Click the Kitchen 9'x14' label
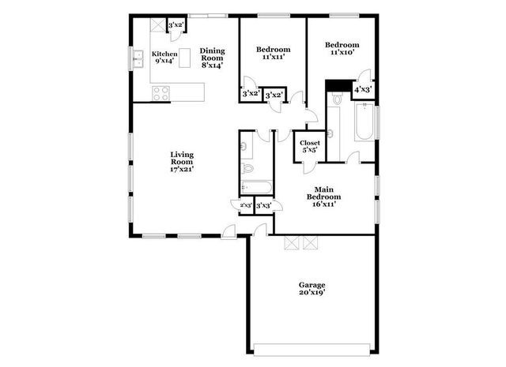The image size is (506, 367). click(164, 58)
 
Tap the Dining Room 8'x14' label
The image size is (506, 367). click(212, 58)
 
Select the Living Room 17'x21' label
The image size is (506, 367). click(182, 161)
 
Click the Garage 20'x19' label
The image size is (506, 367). click(312, 288)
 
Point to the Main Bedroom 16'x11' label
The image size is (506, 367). click(328, 197)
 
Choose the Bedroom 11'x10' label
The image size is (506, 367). click(342, 50)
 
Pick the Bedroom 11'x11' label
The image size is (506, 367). click(271, 53)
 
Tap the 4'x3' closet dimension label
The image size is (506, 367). click(362, 90)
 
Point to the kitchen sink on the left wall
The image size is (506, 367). click(135, 58)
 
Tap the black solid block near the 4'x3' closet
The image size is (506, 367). click(338, 85)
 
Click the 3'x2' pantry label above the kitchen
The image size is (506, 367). click(176, 25)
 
